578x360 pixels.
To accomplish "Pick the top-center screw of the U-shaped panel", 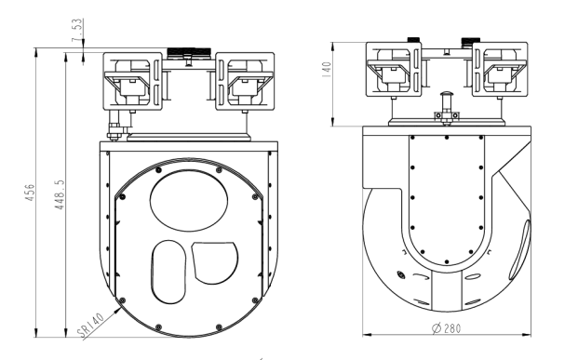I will click(x=446, y=139).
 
